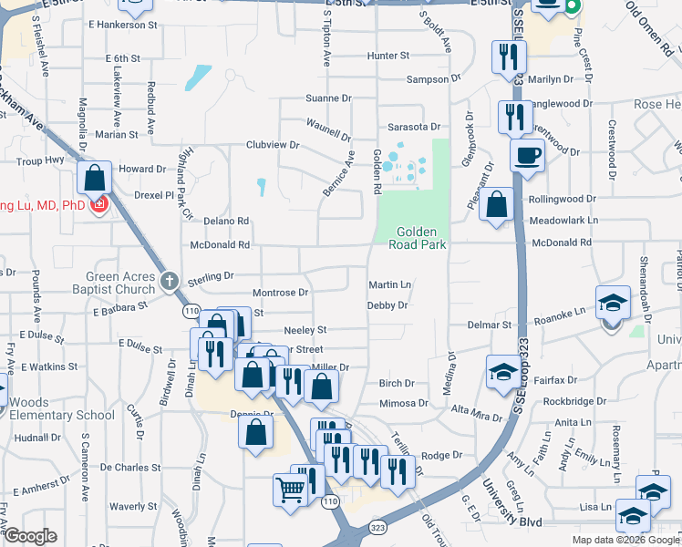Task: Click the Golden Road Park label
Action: pos(418,238)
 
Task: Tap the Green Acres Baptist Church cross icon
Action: pos(169,282)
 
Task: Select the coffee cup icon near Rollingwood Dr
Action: pos(527,155)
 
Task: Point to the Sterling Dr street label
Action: pos(212,274)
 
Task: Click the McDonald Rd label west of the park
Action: pos(219,244)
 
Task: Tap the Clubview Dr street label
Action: pos(273,144)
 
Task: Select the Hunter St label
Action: pos(387,56)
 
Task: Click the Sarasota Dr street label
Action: pos(414,127)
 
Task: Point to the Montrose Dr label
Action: pos(280,293)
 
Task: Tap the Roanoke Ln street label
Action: pos(559,313)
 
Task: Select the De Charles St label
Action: pos(130,467)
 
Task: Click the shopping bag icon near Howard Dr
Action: pos(95,177)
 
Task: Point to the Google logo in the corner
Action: pos(29,536)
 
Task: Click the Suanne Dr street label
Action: pos(328,98)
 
